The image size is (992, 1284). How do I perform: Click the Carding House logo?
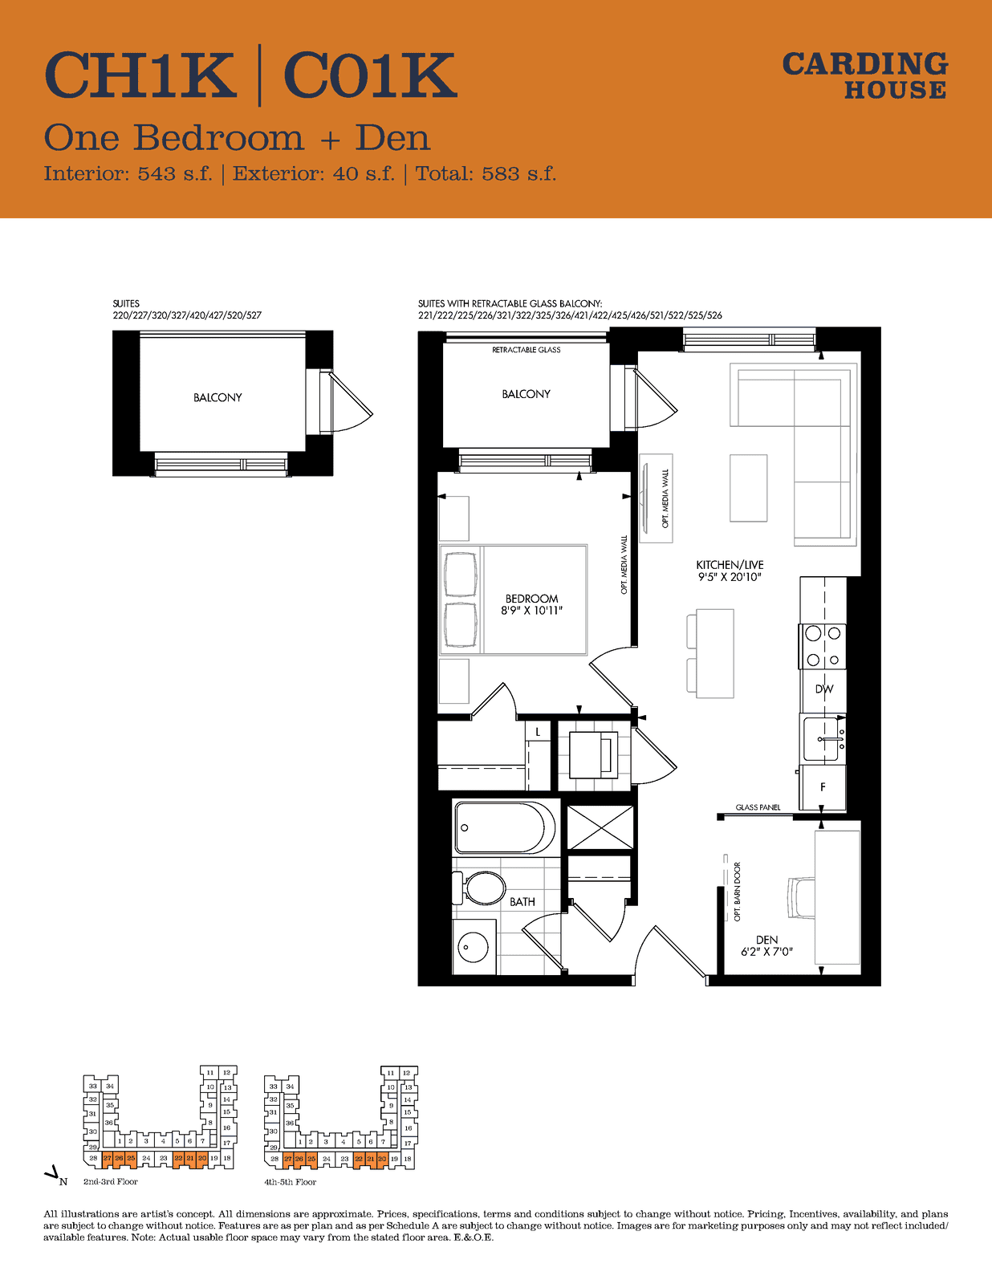tap(865, 75)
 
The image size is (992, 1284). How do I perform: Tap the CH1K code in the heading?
tap(140, 75)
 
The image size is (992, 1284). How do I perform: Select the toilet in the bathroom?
tap(478, 888)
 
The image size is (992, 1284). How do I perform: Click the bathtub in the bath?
tap(505, 827)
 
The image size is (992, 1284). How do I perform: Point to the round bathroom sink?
tap(474, 946)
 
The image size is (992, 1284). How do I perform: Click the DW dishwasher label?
tap(823, 689)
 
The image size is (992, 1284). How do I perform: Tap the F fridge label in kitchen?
tap(823, 788)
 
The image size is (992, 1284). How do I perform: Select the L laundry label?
tap(538, 732)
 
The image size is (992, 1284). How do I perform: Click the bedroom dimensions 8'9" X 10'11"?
tap(532, 611)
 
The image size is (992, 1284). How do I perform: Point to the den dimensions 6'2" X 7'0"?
tap(767, 952)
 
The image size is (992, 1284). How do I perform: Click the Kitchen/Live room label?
tap(730, 565)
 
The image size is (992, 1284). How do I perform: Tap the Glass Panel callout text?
tap(758, 807)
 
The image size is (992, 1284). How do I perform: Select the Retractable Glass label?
tap(526, 350)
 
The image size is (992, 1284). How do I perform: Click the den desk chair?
tap(801, 898)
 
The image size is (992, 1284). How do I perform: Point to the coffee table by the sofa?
tap(749, 488)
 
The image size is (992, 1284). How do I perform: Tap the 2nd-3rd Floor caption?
tap(111, 1182)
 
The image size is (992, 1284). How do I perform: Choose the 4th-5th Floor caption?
tap(290, 1182)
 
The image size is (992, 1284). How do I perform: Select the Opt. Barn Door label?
tap(737, 892)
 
